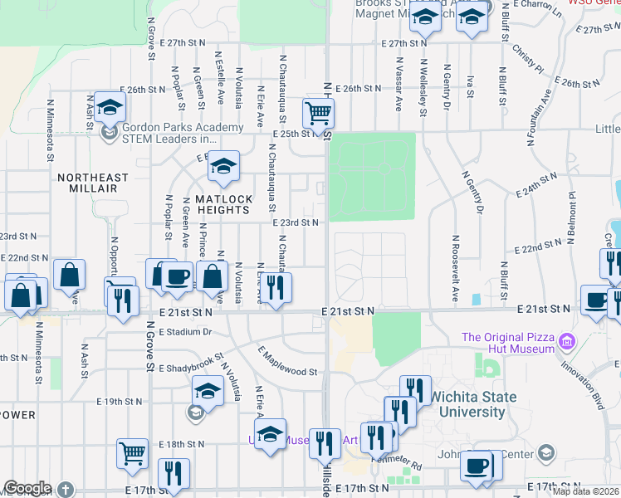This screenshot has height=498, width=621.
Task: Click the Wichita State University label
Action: (x=472, y=404)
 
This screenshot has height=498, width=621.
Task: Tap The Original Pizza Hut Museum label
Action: (x=508, y=343)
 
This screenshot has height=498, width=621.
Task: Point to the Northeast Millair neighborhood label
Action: (x=93, y=183)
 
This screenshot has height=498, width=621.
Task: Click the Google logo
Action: (x=27, y=488)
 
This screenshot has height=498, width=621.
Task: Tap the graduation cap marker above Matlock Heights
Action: (x=222, y=168)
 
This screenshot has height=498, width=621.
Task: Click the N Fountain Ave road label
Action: (x=537, y=117)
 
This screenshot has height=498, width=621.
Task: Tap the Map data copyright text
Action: (x=586, y=491)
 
